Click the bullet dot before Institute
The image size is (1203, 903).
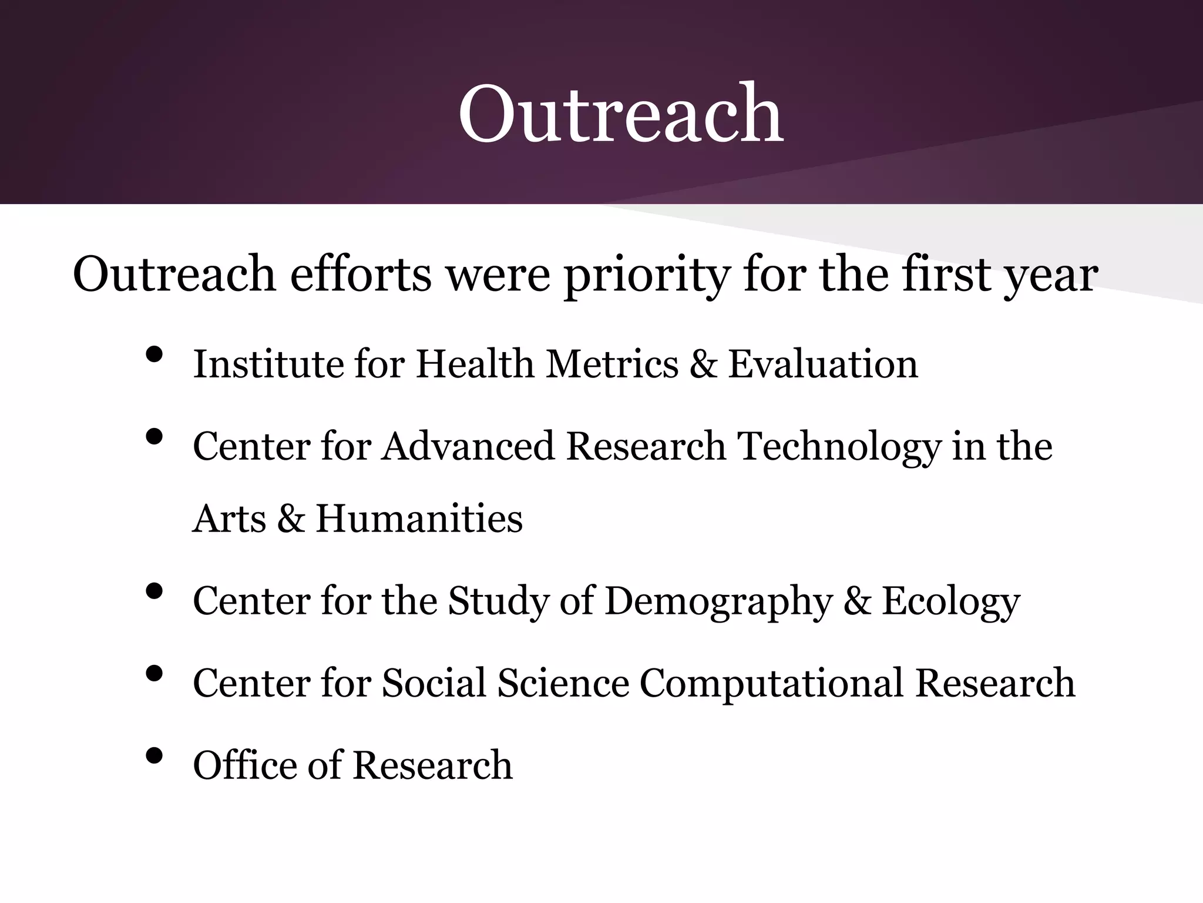[153, 354]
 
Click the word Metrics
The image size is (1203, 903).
[612, 364]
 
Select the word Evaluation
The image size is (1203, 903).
[823, 364]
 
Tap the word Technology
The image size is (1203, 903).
[839, 447]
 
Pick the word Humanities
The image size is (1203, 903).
[419, 519]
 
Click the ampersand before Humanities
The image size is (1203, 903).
[291, 519]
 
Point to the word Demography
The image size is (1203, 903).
[718, 602]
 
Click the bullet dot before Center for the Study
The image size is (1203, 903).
[153, 591]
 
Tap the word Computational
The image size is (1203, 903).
[771, 683]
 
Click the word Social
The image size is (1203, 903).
[434, 683]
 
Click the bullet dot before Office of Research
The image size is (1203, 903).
[153, 756]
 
